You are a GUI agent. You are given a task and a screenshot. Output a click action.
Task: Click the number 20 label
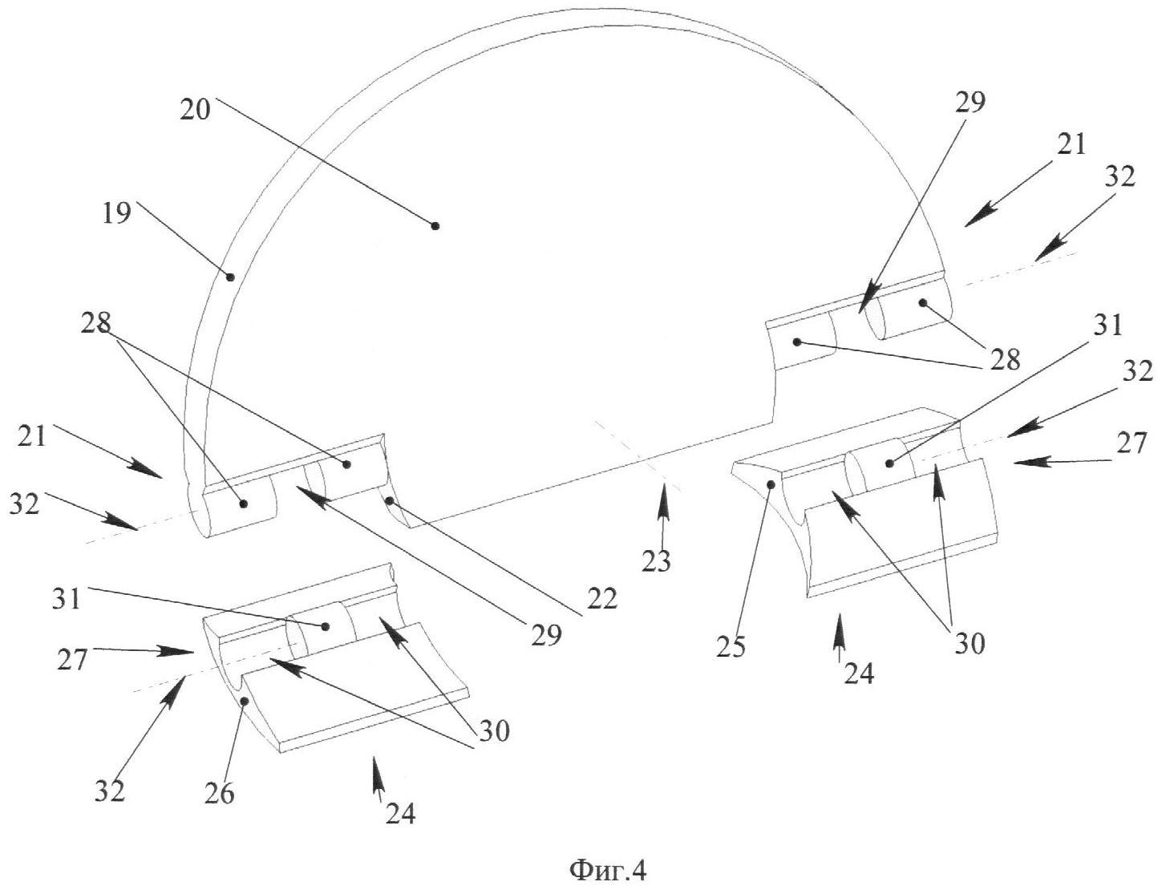195,108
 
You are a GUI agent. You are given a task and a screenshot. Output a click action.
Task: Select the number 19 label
116,215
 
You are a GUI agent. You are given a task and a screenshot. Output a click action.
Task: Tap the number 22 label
602,599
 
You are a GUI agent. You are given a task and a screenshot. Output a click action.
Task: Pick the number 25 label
731,645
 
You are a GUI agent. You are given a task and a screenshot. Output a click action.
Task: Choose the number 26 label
218,793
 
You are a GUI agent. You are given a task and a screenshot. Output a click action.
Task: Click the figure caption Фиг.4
607,869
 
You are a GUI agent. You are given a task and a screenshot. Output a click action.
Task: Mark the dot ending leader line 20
435,226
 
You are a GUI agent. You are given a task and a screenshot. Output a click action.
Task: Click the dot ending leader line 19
230,277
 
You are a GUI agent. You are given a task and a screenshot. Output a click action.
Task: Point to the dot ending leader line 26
245,701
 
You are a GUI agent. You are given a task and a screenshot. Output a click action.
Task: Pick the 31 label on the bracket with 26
67,599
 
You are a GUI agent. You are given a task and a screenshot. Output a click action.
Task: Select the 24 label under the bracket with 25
857,674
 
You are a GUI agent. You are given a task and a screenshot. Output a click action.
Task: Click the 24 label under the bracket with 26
400,813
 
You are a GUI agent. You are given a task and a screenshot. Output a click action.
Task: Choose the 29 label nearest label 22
545,635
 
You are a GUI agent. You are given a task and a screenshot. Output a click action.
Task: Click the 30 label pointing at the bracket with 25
968,642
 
